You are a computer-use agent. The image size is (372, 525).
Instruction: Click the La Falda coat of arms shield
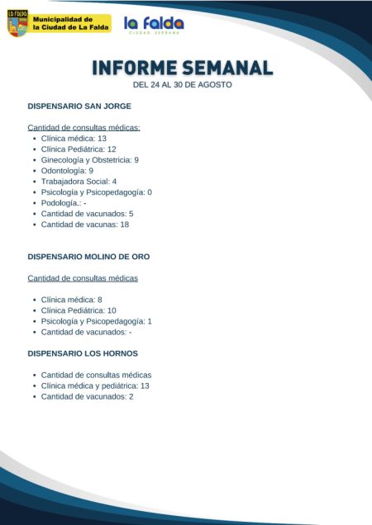pyautogui.click(x=17, y=23)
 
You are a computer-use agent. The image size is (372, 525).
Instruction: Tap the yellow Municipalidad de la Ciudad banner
pyautogui.click(x=71, y=23)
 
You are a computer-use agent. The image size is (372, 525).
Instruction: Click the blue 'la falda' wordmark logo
pyautogui.click(x=154, y=25)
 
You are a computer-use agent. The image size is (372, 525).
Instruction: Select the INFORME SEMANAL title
pyautogui.click(x=182, y=68)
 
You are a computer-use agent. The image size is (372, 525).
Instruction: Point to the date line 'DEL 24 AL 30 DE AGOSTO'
pyautogui.click(x=182, y=85)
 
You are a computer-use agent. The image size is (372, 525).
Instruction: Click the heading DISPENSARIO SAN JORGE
pyautogui.click(x=79, y=106)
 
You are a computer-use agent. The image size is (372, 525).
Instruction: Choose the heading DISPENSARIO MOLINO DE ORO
pyautogui.click(x=88, y=257)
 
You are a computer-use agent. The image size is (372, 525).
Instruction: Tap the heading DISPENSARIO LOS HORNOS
pyautogui.click(x=83, y=353)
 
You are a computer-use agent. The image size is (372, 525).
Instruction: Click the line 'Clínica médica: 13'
pyautogui.click(x=74, y=139)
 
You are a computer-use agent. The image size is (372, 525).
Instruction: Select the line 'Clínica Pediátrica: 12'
pyautogui.click(x=79, y=149)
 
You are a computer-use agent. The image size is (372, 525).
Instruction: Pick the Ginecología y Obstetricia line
pyautogui.click(x=90, y=160)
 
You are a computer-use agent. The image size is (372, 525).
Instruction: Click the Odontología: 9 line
pyautogui.click(x=73, y=171)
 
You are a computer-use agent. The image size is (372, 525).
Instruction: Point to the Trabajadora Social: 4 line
pyautogui.click(x=79, y=182)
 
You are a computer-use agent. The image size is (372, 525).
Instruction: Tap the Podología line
pyautogui.click(x=64, y=203)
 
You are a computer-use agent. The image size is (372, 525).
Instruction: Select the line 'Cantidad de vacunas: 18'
pyautogui.click(x=85, y=225)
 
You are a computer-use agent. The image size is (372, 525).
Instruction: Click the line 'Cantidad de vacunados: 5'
pyautogui.click(x=87, y=214)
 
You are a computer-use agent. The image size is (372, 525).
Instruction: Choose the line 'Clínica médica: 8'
pyautogui.click(x=71, y=300)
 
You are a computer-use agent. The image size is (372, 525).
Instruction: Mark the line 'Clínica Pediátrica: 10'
pyautogui.click(x=79, y=310)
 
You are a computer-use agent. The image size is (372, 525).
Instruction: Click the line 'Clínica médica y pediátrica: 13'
pyautogui.click(x=95, y=385)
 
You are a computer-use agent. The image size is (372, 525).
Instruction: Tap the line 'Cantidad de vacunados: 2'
pyautogui.click(x=87, y=396)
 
